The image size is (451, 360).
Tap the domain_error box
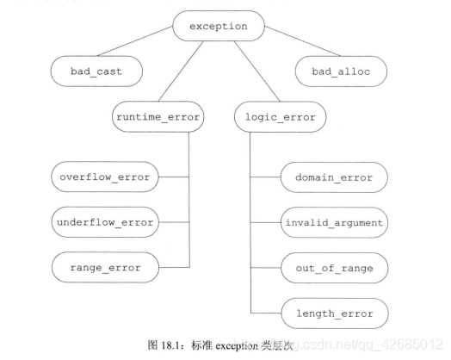(x=333, y=177)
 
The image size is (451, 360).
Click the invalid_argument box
(x=333, y=221)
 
